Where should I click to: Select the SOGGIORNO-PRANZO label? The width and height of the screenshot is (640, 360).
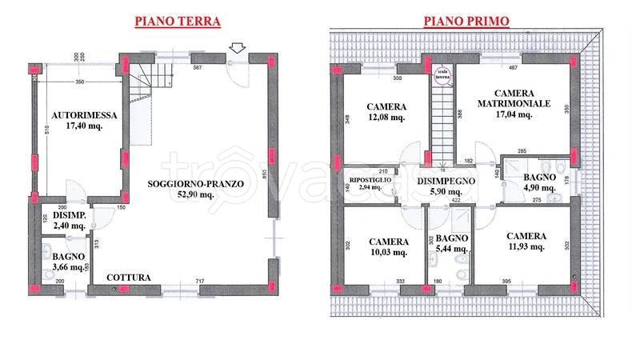(x=196, y=183)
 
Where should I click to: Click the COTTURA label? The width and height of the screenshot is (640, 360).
(x=128, y=278)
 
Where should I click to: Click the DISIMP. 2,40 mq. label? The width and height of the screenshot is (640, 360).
(x=68, y=220)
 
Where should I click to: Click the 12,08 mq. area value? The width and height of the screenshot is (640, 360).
(x=386, y=118)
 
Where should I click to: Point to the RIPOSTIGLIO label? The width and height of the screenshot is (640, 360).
(x=370, y=180)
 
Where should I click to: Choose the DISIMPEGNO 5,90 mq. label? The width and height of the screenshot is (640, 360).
(x=446, y=187)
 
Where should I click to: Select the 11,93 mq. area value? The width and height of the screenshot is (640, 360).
(x=526, y=247)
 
